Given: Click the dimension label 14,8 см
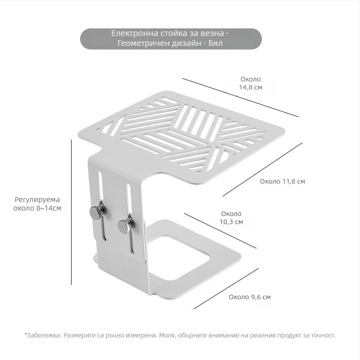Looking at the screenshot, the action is pos(251,87).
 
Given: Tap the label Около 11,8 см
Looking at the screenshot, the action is pos(283,181).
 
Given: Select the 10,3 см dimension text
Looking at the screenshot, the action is pos(231,222).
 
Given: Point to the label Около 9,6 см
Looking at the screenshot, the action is pos(250,297).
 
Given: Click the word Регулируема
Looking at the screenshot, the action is pos(37,200).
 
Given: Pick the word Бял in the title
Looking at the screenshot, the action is pos(216,43).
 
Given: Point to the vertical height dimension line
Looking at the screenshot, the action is pos(72,212).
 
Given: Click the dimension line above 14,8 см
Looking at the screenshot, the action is pos(241,98).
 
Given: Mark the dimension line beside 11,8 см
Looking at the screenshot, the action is pos(262,170).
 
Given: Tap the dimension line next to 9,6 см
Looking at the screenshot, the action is pos(226,288).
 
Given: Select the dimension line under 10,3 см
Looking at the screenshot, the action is pos(220,231).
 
